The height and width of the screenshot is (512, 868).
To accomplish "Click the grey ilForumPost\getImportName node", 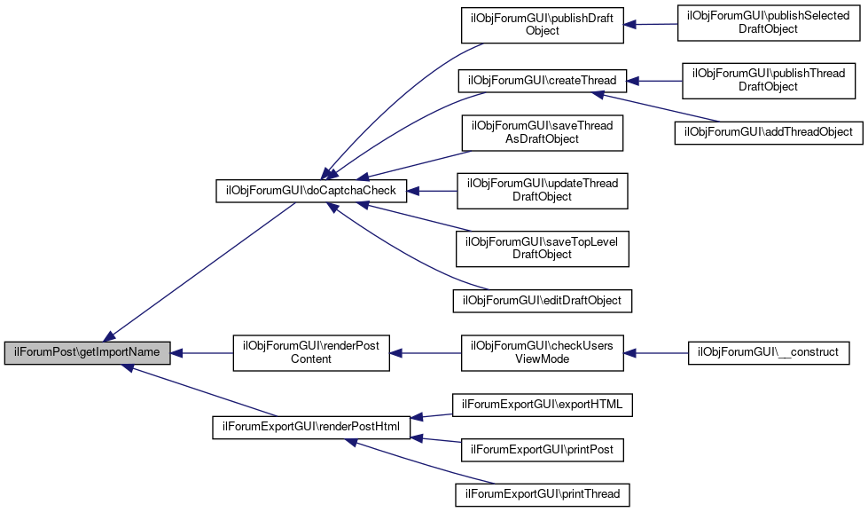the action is [x=88, y=353].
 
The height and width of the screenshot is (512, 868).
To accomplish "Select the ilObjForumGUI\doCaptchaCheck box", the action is [x=311, y=191].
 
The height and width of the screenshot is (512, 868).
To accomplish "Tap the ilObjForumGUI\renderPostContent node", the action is [x=311, y=353].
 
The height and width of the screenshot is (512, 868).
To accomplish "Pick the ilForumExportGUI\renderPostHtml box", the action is [x=311, y=427].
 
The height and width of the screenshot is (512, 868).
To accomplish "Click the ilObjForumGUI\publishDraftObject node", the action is [x=543, y=25].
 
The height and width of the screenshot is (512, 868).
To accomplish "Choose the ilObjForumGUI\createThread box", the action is [x=543, y=81].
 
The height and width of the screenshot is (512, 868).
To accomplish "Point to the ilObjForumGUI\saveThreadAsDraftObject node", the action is [x=543, y=133].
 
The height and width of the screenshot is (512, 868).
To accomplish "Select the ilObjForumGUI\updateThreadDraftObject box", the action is [x=543, y=191].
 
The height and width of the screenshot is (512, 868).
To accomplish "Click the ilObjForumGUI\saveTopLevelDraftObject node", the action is [x=543, y=248].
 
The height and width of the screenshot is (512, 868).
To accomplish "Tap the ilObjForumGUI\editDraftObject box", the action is [x=543, y=301].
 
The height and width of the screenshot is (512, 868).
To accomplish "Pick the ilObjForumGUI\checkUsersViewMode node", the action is [x=543, y=353].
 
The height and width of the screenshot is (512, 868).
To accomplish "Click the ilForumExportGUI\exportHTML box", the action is [x=543, y=405].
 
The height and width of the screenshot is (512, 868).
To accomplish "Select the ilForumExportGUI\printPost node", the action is [x=543, y=450].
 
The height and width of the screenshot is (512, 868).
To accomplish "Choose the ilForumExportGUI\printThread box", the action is [x=543, y=494].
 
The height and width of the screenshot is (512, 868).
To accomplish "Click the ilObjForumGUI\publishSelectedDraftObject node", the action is [x=769, y=23].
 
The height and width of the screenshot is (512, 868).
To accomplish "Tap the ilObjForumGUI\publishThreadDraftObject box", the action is [x=769, y=81].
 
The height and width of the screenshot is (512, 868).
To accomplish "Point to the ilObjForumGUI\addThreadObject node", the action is [x=769, y=133].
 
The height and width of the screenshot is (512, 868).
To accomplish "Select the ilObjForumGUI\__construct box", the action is [x=769, y=353].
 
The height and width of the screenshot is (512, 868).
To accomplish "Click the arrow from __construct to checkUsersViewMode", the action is [x=656, y=353].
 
